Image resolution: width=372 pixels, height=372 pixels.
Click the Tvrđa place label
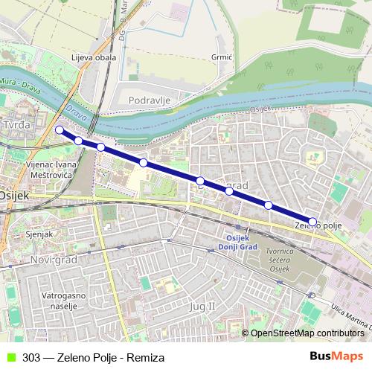pos(16,124)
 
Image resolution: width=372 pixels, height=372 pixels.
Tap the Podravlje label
pos(150,100)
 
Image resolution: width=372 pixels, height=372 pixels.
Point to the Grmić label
pos(222,57)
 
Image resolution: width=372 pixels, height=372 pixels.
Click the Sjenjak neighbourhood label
pos(39,234)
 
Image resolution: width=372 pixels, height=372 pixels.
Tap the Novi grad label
pos(55,259)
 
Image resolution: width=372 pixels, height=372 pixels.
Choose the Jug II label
pos(202,306)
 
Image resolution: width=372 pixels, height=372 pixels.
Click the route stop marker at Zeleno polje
pos(312,222)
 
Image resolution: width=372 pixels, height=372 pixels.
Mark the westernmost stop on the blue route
pos(60,130)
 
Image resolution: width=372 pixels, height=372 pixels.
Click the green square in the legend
pos(10,357)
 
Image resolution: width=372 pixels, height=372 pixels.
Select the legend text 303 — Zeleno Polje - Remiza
pos(93,357)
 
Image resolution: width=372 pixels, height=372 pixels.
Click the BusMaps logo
pos(336,356)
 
